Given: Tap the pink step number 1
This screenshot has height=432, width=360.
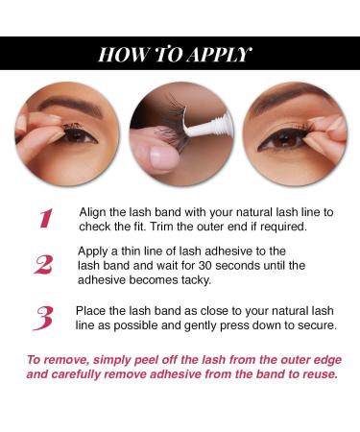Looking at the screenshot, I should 44,218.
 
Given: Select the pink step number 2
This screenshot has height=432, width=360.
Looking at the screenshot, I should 43,265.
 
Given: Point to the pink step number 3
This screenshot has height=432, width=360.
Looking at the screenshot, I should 43,318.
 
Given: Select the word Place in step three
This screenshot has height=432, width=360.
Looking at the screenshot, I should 92,311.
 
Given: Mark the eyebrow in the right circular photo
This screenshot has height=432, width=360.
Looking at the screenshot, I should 288,108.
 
